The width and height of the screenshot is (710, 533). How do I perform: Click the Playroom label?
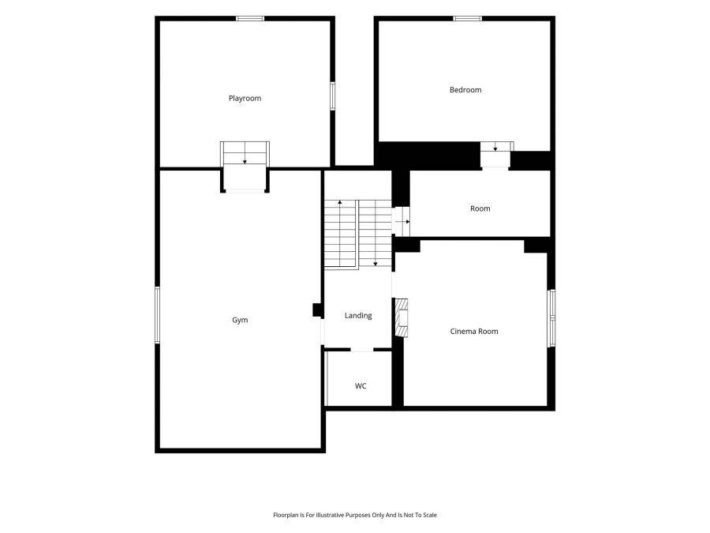[245, 99]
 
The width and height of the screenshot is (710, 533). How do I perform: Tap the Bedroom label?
[465, 90]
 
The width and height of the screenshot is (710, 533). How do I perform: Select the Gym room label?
[240, 320]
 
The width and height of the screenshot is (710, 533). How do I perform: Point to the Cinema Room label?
[474, 332]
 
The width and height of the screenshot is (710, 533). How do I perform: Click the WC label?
[361, 386]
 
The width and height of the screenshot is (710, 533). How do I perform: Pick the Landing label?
[358, 315]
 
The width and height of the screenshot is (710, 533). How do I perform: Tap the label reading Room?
[480, 208]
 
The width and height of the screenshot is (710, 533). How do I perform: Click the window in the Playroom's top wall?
[250, 19]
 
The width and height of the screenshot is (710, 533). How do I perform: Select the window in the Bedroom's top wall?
[468, 19]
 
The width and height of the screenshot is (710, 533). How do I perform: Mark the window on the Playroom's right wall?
[332, 96]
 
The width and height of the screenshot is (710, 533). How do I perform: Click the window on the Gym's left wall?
[157, 314]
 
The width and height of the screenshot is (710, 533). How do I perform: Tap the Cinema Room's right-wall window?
[551, 318]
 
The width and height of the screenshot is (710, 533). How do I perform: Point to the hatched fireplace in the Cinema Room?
[402, 317]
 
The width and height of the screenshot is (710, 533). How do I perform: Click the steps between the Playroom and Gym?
[245, 153]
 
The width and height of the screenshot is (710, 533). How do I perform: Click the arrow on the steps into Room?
[403, 222]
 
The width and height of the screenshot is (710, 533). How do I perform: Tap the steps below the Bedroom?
[497, 146]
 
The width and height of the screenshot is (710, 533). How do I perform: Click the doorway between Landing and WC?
[362, 350]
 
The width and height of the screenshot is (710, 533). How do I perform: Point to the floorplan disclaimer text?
[355, 515]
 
